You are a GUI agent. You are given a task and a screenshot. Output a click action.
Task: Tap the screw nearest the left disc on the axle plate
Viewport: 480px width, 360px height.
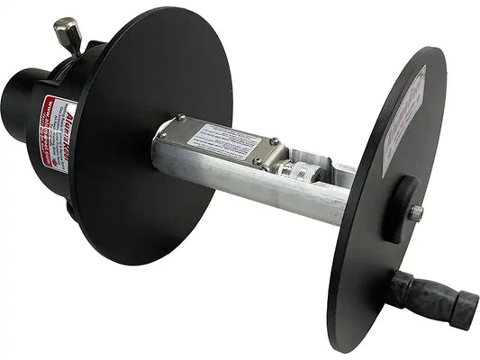point(181,117)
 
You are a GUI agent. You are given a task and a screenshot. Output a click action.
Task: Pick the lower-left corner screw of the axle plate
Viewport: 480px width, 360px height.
point(164,137)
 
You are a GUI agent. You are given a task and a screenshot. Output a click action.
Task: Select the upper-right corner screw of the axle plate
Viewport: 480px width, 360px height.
point(274,141)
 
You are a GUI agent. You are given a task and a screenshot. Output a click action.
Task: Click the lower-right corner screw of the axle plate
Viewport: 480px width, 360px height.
point(257,162)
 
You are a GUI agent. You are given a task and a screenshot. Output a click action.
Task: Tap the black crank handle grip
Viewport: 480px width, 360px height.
point(423,292)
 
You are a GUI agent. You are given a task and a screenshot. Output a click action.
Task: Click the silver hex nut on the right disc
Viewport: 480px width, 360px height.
point(416,213)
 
